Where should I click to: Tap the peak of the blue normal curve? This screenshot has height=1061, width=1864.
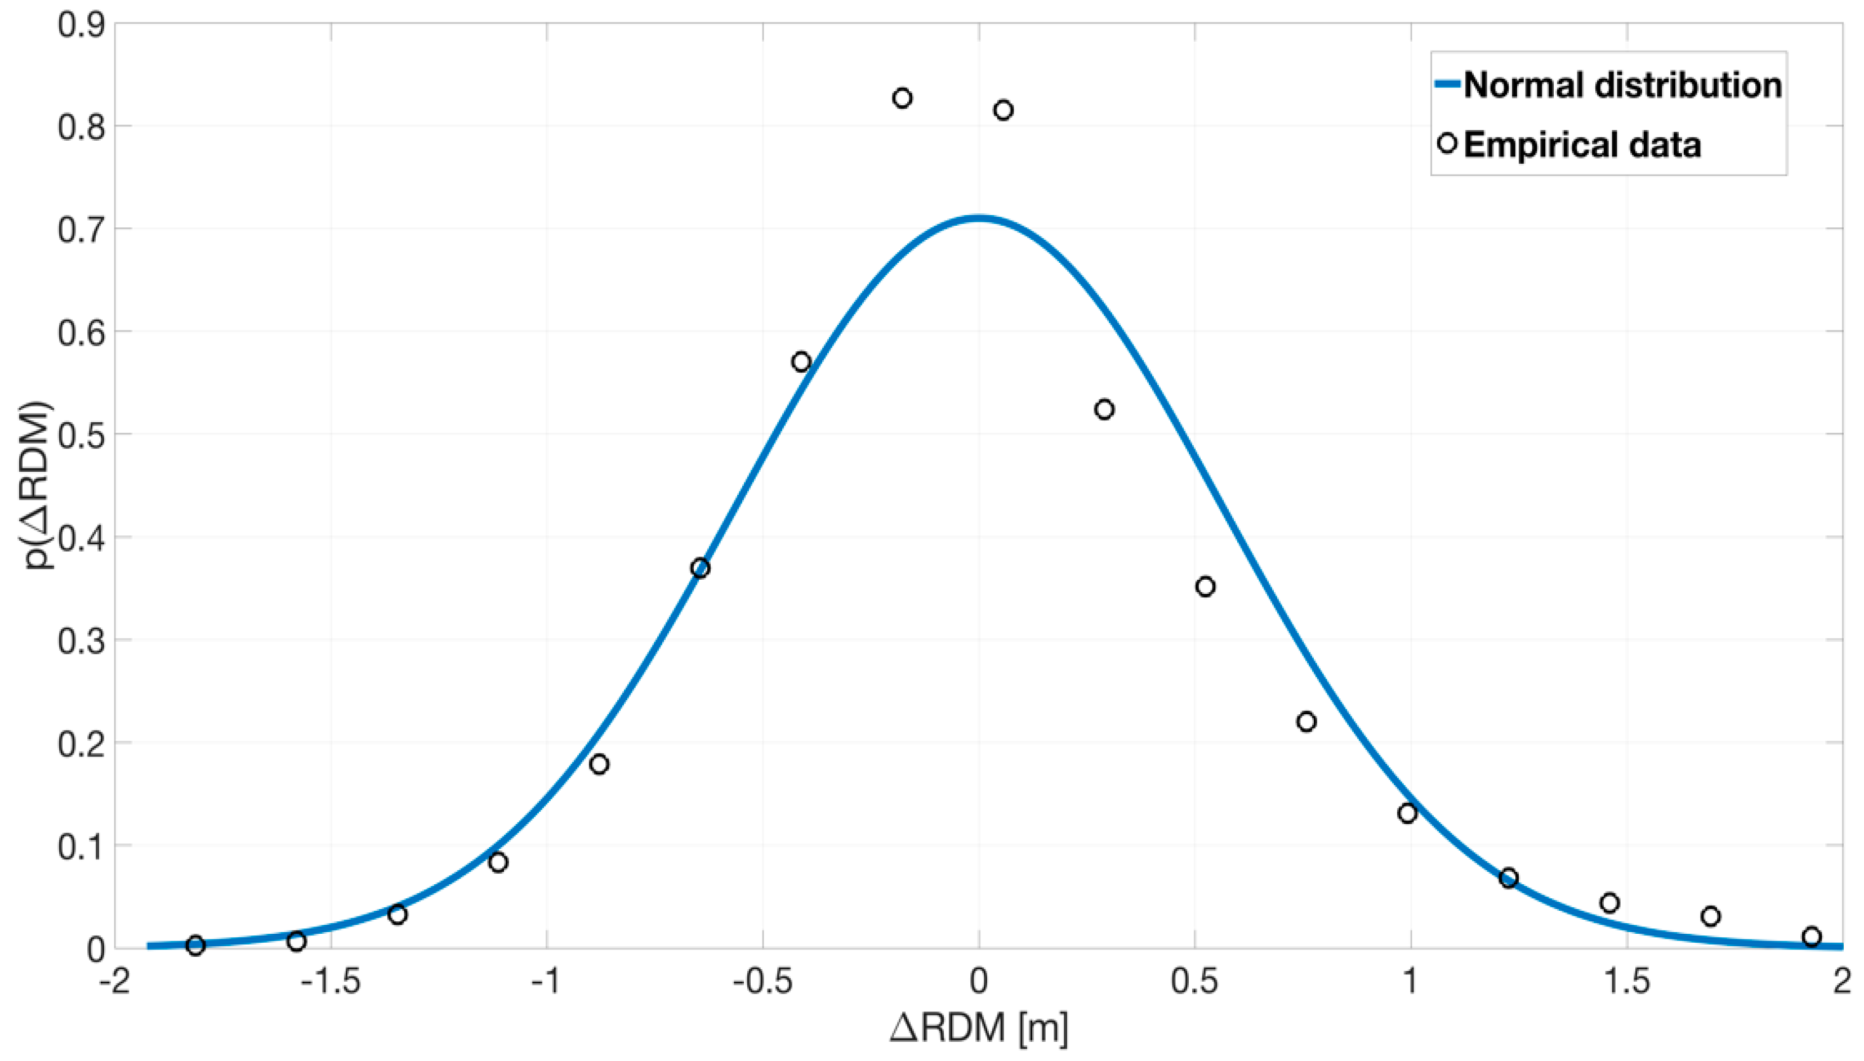[x=978, y=217]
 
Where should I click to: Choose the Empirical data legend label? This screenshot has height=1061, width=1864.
[x=1582, y=144]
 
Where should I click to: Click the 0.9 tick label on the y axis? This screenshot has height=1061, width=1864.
[x=82, y=24]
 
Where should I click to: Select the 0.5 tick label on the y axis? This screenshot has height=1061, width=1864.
[x=82, y=435]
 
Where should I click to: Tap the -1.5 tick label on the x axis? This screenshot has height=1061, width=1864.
[x=331, y=982]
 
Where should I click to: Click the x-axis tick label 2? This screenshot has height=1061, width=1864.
[x=1842, y=982]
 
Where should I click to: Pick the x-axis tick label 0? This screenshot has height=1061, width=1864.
[x=978, y=982]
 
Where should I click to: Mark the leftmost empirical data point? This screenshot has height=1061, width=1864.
[x=195, y=946]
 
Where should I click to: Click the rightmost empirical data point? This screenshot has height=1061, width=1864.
[x=1812, y=937]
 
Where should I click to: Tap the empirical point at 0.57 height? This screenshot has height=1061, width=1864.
[x=801, y=362]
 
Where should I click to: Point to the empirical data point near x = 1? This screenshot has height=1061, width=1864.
[x=1408, y=813]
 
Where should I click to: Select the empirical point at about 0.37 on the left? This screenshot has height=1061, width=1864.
[x=700, y=568]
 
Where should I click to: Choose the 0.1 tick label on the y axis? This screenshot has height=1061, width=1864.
[x=82, y=846]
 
